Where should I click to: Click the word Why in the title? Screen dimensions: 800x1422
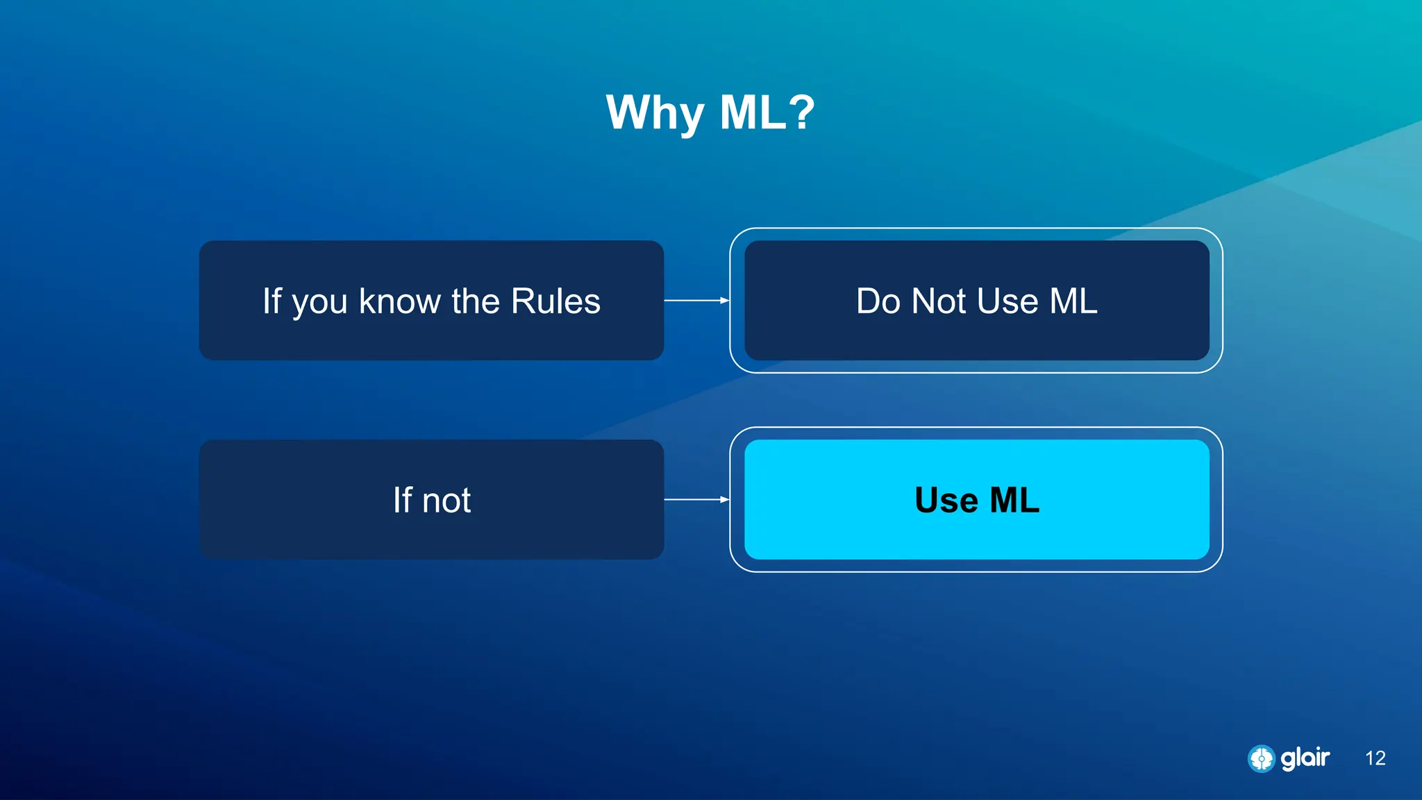pyautogui.click(x=655, y=113)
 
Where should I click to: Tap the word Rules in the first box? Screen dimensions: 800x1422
pyautogui.click(x=555, y=301)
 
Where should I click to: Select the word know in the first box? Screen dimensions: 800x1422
pyautogui.click(x=399, y=301)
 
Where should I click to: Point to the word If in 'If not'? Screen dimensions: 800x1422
pyautogui.click(x=402, y=500)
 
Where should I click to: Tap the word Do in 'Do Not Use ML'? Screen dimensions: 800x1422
pyautogui.click(x=878, y=301)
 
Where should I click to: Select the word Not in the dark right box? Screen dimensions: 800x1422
pyautogui.click(x=939, y=301)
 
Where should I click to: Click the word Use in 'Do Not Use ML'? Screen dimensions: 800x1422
pyautogui.click(x=1007, y=301)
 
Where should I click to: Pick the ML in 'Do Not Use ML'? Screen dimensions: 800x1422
pyautogui.click(x=1073, y=301)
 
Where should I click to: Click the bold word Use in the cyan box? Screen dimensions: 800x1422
pyautogui.click(x=946, y=500)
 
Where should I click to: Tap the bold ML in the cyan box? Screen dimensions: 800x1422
pyautogui.click(x=1014, y=500)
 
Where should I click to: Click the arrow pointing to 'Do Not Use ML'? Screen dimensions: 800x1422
pyautogui.click(x=696, y=301)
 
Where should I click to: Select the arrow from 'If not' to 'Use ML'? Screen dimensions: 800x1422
pyautogui.click(x=696, y=499)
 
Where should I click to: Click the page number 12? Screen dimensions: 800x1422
pyautogui.click(x=1375, y=758)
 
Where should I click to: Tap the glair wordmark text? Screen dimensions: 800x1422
pyautogui.click(x=1305, y=758)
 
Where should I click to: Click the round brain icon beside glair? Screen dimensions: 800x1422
pyautogui.click(x=1261, y=758)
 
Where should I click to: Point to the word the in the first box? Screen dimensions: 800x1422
pyautogui.click(x=476, y=301)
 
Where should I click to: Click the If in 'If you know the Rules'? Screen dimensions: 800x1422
pyautogui.click(x=271, y=301)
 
